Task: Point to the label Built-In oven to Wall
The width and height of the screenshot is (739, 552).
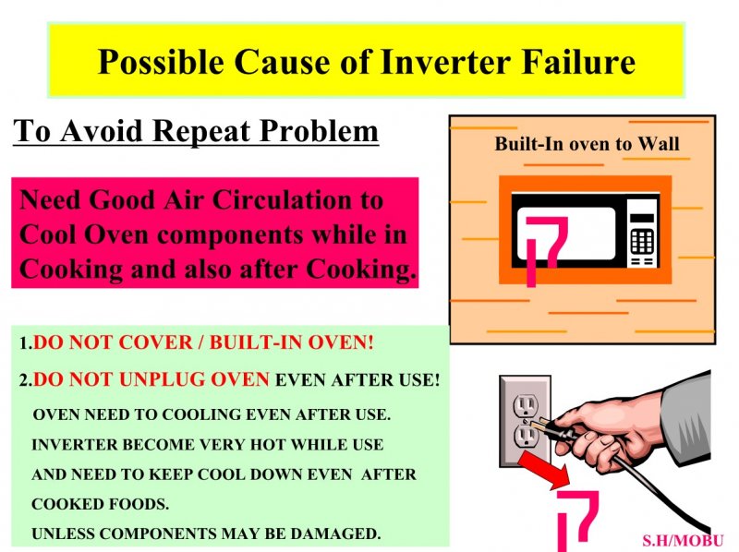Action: [x=587, y=144]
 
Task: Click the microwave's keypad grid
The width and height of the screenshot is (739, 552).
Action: [x=642, y=241]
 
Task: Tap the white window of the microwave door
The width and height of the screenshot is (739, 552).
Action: [x=566, y=234]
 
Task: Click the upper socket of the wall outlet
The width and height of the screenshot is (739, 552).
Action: [x=524, y=405]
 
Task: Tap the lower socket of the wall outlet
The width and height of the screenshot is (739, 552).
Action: [x=525, y=436]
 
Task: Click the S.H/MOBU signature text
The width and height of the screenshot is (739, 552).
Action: [x=683, y=541]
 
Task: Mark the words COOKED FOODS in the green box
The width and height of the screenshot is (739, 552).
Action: [x=100, y=504]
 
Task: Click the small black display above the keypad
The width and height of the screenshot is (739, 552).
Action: [x=642, y=219]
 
